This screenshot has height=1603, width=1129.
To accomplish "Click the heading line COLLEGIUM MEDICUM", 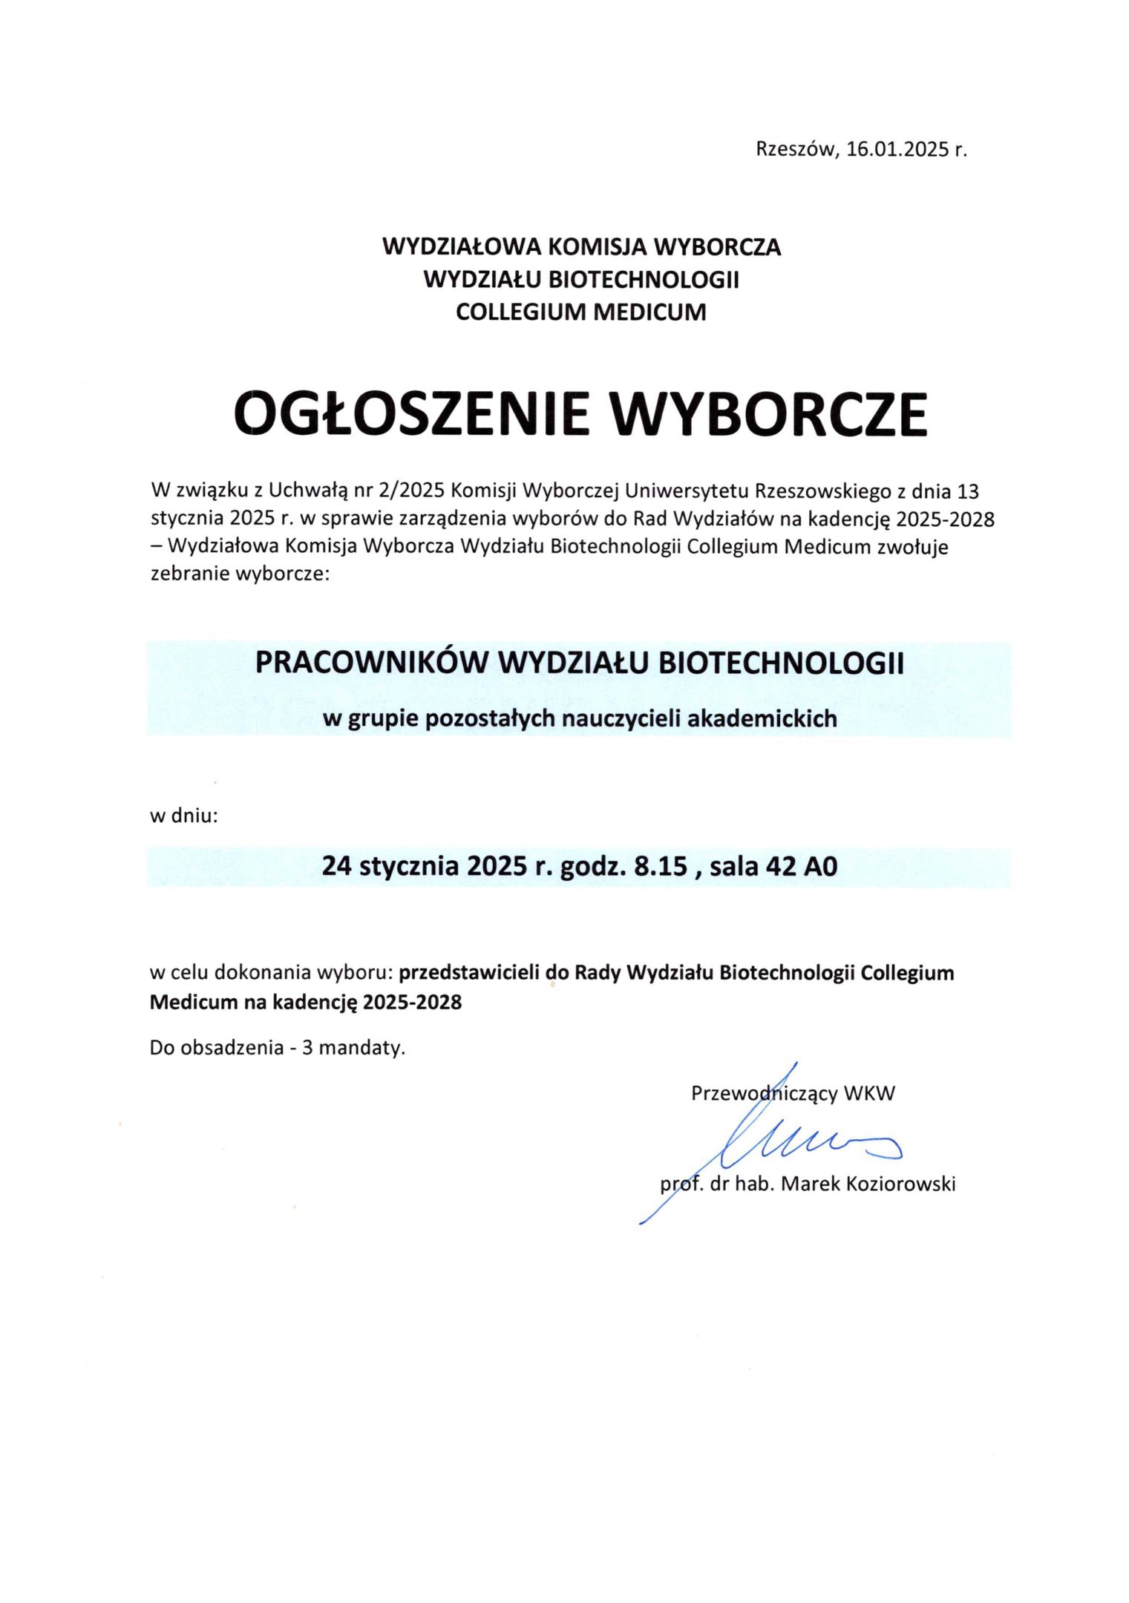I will (580, 312).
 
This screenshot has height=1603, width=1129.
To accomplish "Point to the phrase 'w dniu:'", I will (183, 816).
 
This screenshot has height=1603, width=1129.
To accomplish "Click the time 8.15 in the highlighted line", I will (660, 866).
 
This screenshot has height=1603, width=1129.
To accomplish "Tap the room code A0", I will (821, 866).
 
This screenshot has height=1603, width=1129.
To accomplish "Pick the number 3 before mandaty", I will (307, 1048).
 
